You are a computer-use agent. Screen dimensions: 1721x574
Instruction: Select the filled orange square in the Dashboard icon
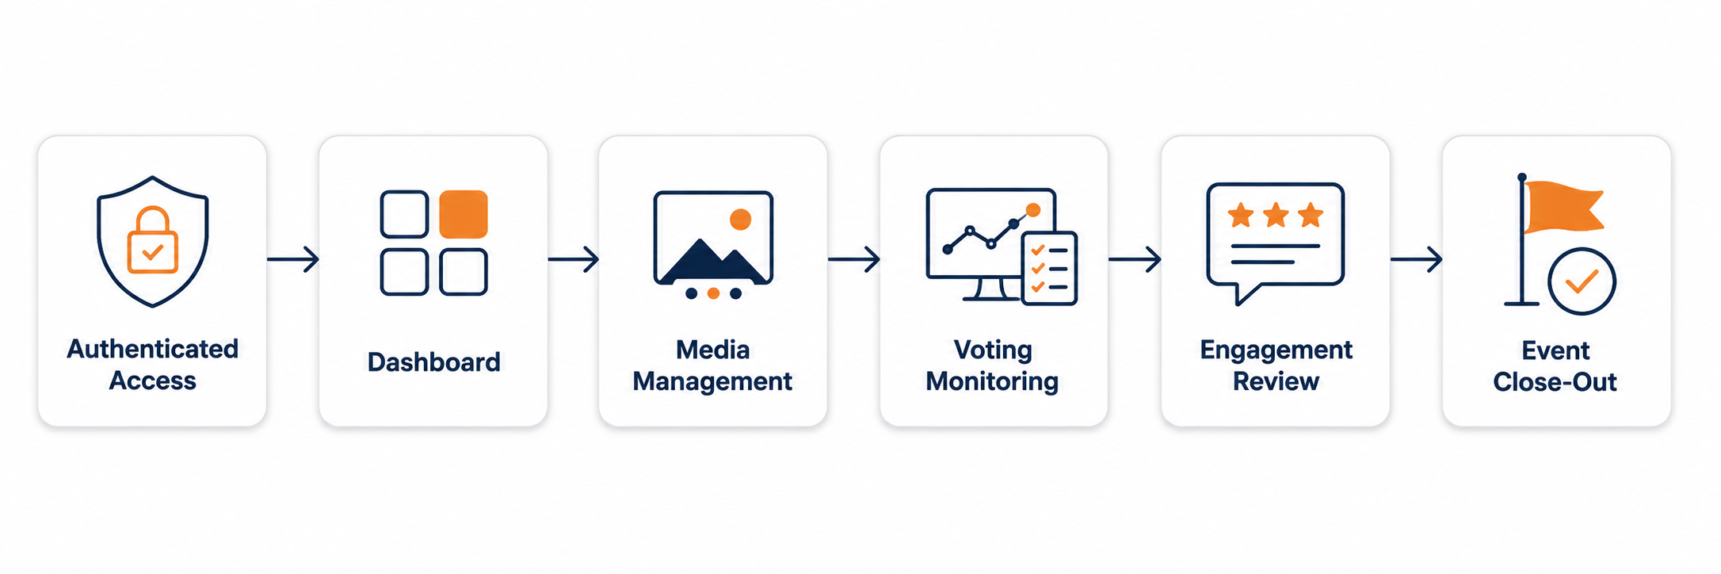464,214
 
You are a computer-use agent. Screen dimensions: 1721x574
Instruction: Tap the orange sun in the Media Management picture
740,219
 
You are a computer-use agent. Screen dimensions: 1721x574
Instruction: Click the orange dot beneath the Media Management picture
713,293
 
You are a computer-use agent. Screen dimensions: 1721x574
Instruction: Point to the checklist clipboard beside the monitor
1049,268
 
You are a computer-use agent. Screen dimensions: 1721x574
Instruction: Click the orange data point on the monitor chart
1032,210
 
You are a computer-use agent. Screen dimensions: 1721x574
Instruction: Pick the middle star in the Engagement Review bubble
1276,215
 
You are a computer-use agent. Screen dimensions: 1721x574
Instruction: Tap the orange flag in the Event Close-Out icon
1563,207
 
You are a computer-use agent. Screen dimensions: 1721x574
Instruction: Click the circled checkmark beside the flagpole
1582,281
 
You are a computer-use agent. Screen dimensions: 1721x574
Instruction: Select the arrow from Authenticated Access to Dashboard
293,258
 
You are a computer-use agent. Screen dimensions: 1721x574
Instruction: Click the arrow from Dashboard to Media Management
573,258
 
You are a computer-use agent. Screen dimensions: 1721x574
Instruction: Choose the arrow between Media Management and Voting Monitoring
854,258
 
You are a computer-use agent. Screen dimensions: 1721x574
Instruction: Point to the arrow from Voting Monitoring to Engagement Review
1135,258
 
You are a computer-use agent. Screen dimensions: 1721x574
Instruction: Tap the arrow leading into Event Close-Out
1416,258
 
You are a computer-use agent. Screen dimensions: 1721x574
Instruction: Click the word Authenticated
153,349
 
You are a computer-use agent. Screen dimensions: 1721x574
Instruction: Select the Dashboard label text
434,362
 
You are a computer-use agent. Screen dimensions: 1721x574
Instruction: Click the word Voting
993,350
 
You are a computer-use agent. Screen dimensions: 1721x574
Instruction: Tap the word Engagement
1276,350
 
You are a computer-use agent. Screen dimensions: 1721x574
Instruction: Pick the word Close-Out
1555,382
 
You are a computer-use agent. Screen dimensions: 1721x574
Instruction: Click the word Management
712,381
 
